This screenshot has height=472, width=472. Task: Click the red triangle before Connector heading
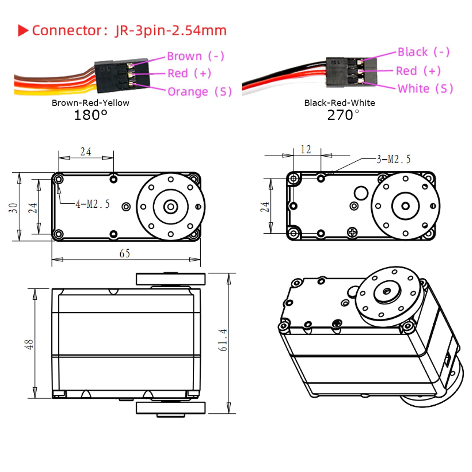(x=23, y=30)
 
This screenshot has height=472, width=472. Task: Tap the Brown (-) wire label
(x=195, y=56)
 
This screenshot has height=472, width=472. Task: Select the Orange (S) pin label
(x=199, y=92)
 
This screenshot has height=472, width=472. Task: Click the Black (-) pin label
(x=423, y=52)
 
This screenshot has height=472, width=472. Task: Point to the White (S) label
(x=425, y=88)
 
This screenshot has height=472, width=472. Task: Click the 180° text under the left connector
(x=90, y=115)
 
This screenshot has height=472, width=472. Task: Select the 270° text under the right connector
(x=343, y=115)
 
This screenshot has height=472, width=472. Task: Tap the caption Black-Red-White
(x=339, y=103)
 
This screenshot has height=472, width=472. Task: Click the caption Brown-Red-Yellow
(x=90, y=103)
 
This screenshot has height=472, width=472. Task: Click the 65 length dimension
(x=124, y=253)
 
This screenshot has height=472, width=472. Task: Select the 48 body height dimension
(x=29, y=344)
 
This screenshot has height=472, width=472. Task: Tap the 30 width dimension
(x=13, y=208)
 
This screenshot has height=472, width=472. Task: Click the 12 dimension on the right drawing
(x=306, y=150)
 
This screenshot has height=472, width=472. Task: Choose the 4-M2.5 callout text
(x=93, y=204)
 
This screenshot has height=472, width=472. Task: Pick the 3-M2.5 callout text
(x=394, y=159)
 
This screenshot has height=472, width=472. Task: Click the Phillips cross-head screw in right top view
(x=352, y=232)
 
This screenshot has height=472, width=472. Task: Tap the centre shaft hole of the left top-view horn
(x=171, y=206)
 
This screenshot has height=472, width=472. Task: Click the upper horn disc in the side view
(x=171, y=279)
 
